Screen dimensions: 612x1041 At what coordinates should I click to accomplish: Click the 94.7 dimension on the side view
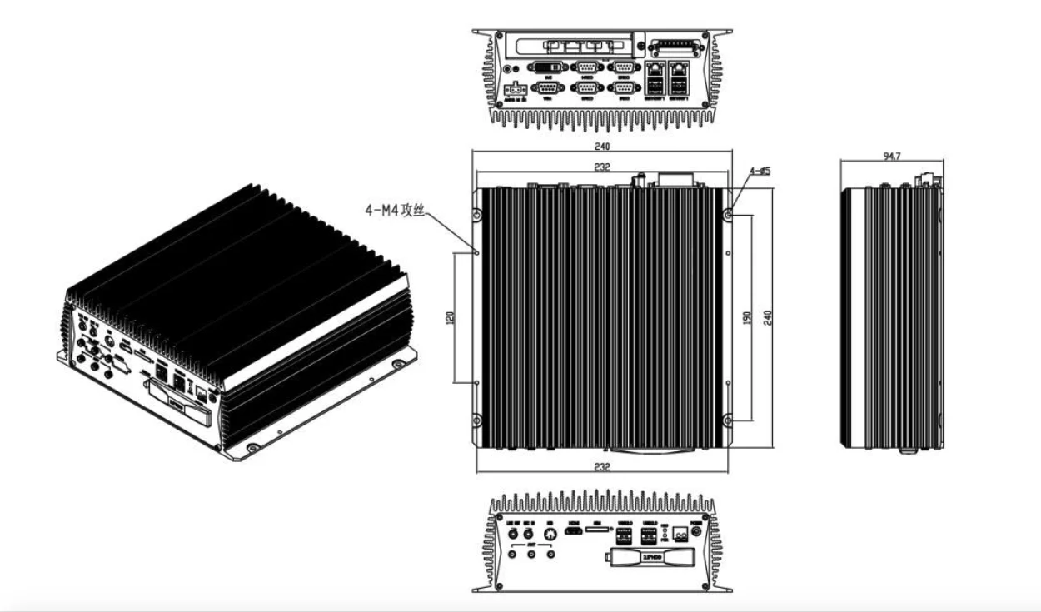pos(890,156)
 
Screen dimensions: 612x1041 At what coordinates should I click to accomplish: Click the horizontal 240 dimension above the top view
pos(601,147)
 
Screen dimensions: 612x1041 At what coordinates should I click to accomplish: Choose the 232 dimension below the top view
pos(602,468)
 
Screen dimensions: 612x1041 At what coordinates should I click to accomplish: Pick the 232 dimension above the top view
pos(602,167)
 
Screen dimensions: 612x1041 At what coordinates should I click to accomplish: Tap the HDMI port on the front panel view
pos(574,530)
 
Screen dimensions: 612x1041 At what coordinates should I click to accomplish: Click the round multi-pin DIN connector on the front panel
pos(550,531)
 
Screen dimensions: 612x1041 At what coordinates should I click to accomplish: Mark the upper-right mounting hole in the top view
pos(729,215)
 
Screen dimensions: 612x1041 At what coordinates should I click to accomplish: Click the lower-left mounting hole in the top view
pos(476,420)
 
